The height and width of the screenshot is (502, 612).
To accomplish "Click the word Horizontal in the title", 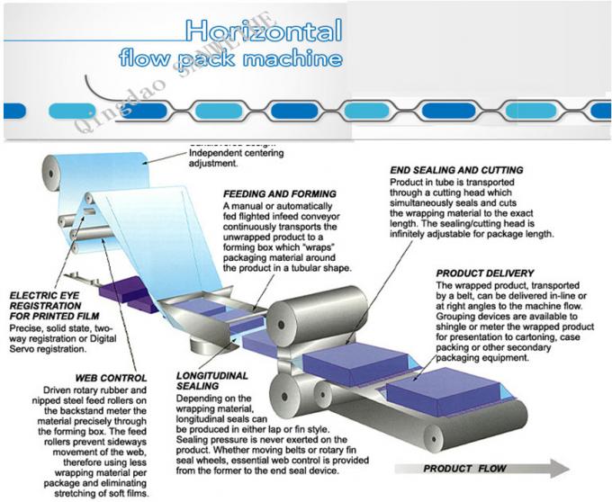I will pos(264,32).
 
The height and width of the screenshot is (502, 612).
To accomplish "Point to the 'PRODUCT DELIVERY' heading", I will pos(484,273).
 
